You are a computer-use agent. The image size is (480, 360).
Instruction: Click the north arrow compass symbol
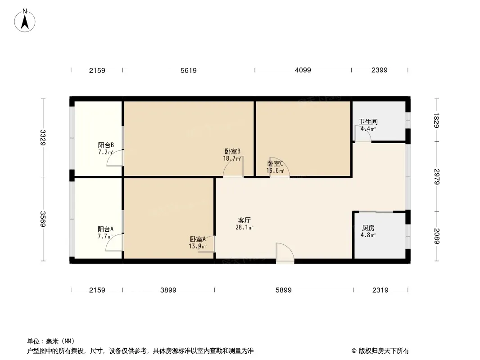(26, 20)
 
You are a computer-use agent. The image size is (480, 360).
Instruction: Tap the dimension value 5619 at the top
(189, 70)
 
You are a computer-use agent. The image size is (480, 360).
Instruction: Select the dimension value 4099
(303, 70)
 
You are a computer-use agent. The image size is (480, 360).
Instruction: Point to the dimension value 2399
(380, 70)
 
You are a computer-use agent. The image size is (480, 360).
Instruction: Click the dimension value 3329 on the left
(43, 138)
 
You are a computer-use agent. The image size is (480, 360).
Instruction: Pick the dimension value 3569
(43, 219)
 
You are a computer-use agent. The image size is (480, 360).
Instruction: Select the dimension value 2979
(436, 176)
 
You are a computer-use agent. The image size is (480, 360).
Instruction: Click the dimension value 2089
(436, 236)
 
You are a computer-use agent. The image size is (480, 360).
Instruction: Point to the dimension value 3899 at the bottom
(168, 290)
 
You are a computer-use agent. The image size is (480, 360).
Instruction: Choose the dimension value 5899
(284, 290)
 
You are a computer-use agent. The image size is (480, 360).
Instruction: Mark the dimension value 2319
(380, 290)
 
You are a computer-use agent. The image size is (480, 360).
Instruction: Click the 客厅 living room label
(245, 220)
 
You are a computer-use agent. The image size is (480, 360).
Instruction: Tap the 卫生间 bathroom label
(368, 121)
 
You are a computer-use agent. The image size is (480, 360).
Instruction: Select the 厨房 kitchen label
(368, 228)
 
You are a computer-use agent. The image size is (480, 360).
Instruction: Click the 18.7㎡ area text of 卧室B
(232, 158)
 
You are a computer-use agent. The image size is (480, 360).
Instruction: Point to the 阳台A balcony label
(105, 229)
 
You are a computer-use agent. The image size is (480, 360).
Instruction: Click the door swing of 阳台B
(115, 158)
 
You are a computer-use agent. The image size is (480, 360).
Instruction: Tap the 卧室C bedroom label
(275, 164)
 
